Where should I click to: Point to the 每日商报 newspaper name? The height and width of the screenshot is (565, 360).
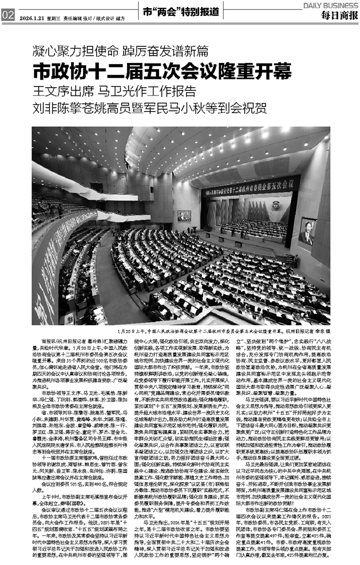coord(337,15)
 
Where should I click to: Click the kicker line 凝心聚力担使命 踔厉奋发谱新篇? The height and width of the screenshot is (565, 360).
coord(121,52)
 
